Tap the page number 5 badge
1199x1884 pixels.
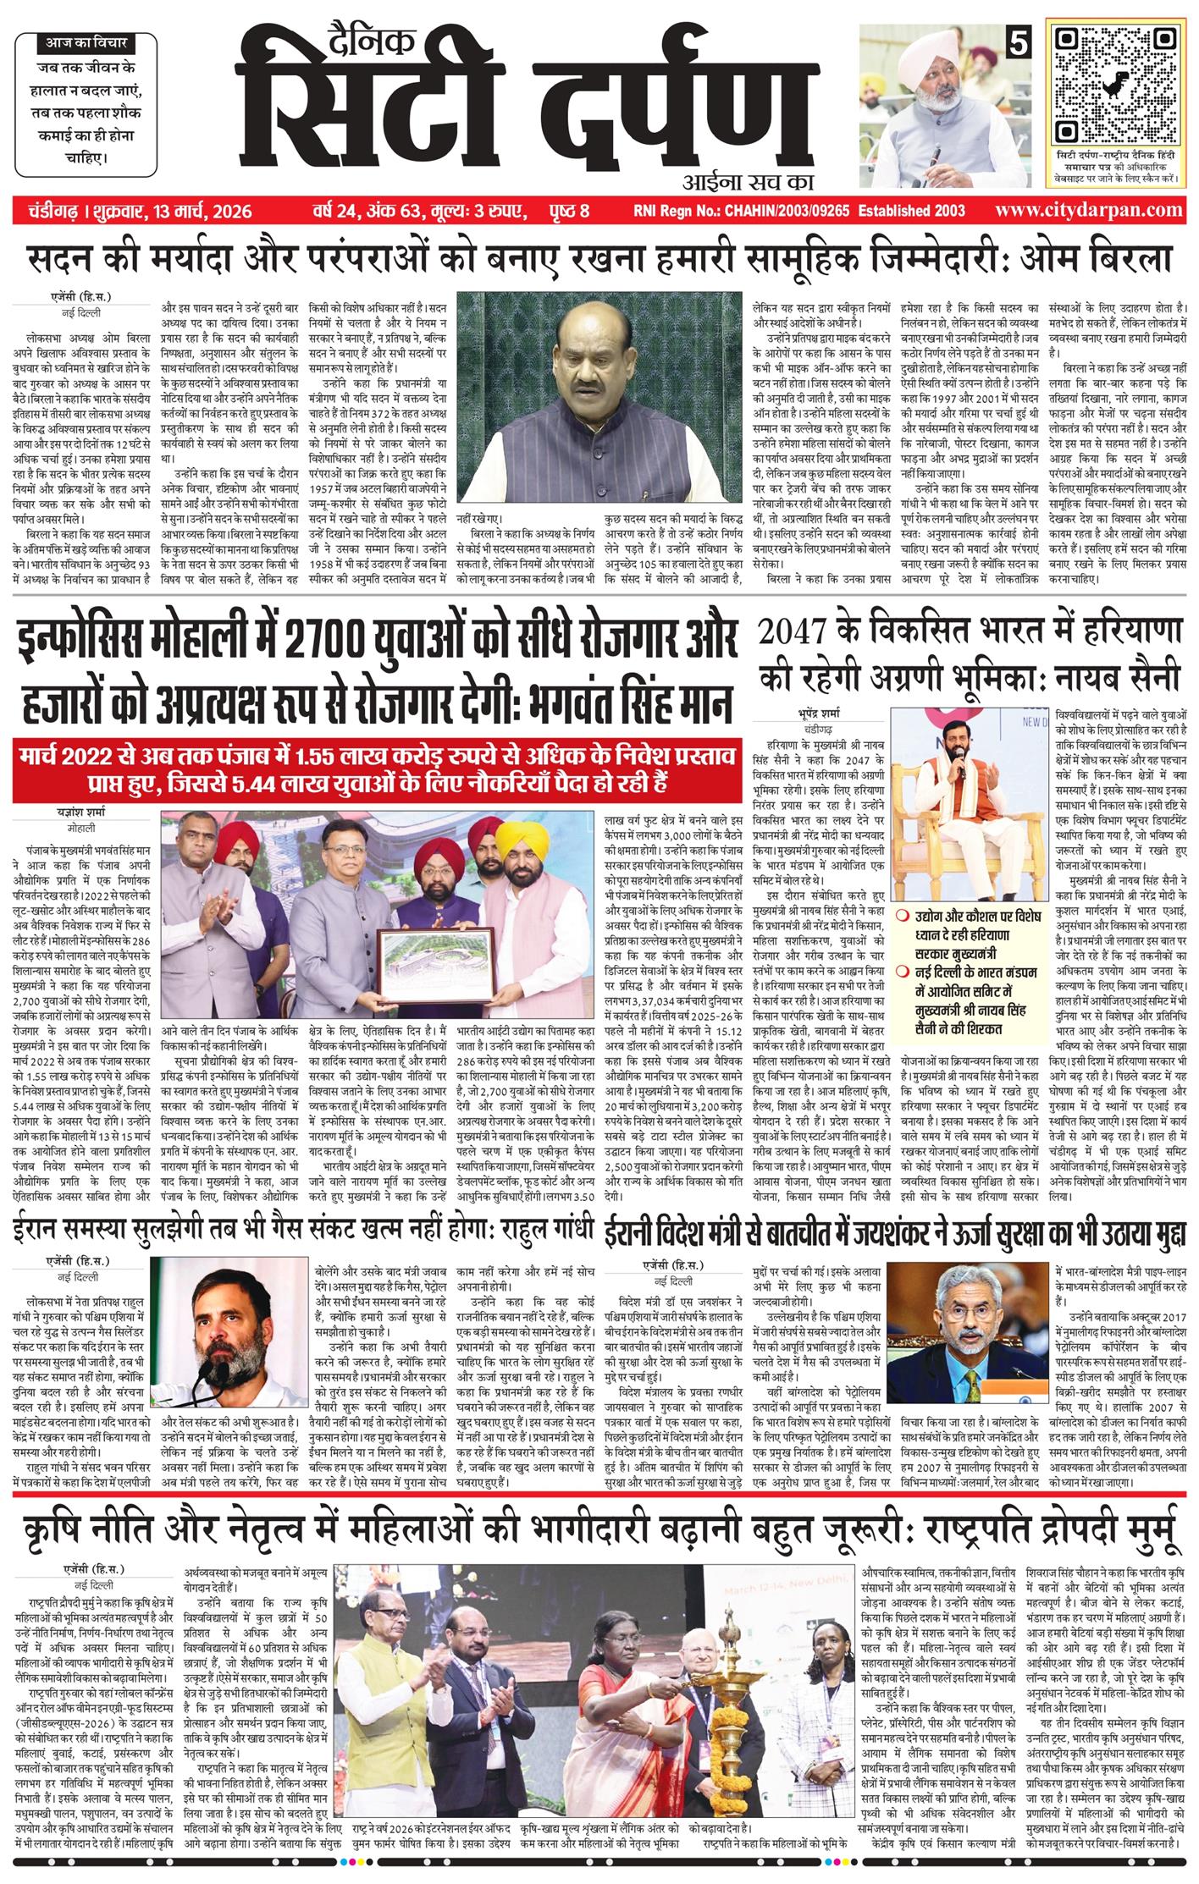click(1014, 42)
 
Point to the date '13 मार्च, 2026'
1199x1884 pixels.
click(203, 211)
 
